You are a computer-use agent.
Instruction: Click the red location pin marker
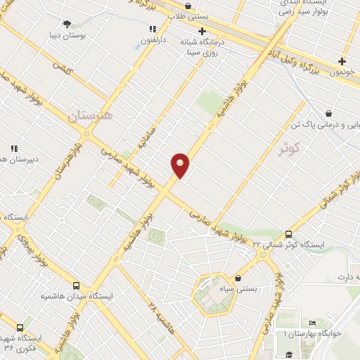(180, 165)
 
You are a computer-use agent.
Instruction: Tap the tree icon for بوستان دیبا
(67, 24)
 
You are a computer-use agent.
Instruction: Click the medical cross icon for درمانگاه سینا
(202, 31)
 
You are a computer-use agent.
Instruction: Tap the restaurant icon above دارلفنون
(152, 30)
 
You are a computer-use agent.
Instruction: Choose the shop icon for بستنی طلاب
(188, 5)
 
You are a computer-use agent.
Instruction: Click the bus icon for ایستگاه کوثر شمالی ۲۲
(288, 235)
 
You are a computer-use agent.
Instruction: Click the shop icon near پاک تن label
(328, 112)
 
